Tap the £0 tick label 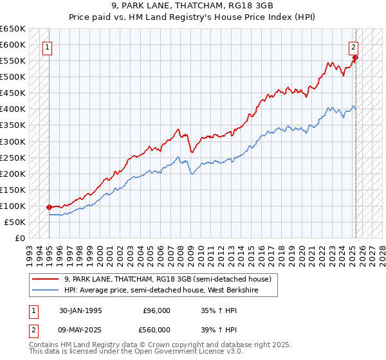[x=19, y=239]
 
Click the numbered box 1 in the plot [x=48, y=46]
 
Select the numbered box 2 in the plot [x=354, y=46]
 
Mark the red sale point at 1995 [x=50, y=207]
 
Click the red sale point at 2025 [x=356, y=58]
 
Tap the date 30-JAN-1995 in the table [x=80, y=310]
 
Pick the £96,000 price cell [x=156, y=310]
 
